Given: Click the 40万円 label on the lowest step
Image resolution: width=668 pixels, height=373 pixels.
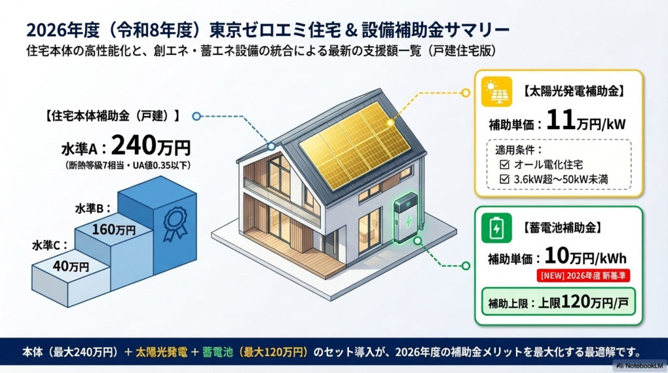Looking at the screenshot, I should click(72, 266).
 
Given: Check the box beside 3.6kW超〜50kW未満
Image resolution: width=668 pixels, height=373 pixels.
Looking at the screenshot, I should click(502, 177).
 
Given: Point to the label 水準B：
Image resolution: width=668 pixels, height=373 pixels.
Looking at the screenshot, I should click(92, 209).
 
